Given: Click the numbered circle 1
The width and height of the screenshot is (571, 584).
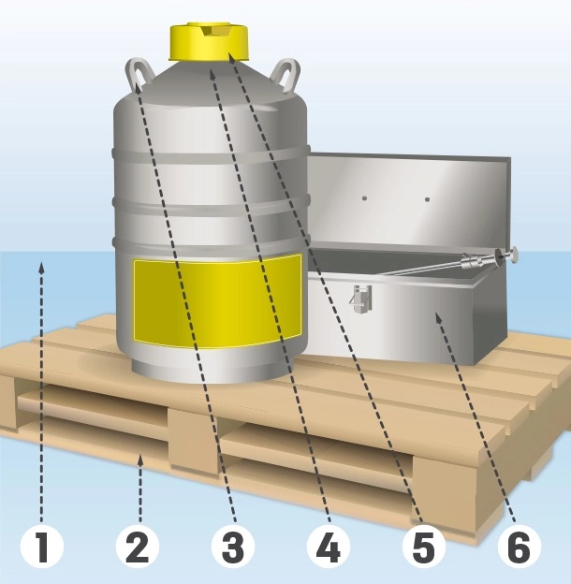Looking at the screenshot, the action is point(42,547).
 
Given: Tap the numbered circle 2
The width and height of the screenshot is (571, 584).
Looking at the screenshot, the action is point(138,547).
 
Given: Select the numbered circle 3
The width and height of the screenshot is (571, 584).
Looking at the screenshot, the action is point(233,547).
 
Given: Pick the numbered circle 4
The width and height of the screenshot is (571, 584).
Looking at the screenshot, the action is point(329,547).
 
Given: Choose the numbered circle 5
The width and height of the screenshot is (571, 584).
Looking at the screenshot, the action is point(424,547).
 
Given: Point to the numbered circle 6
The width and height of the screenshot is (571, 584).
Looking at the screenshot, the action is point(520,547).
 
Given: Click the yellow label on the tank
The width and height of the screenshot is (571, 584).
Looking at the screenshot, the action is point(217,301).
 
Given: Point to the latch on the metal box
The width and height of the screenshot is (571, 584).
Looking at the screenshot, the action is point(360,299).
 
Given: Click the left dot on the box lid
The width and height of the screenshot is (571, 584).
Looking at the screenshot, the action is point(365,198).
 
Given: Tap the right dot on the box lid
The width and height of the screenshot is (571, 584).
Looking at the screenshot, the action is point(427,199).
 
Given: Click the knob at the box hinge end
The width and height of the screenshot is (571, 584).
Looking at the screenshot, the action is point(514,255).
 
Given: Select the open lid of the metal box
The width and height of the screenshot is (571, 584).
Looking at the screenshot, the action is point(408,201).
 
